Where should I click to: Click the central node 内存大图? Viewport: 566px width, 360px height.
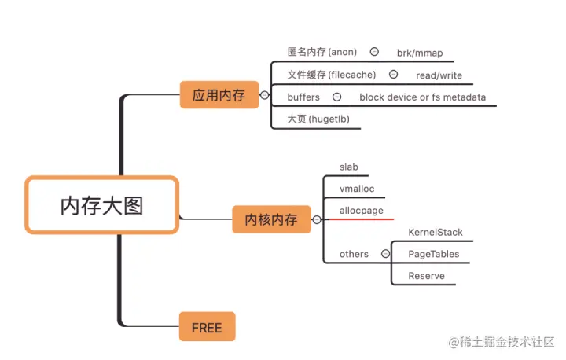102,205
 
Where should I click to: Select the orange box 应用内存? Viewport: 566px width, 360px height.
219,96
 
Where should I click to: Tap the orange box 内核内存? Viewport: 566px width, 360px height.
271,219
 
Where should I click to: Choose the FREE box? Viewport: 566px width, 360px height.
207,327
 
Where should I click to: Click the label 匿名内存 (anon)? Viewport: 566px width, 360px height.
322,53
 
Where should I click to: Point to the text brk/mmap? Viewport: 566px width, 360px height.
420,53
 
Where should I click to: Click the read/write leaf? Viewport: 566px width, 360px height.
439,76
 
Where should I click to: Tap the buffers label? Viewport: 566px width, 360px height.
303,97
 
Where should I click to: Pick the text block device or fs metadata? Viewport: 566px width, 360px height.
422,98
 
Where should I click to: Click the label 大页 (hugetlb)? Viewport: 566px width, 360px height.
318,119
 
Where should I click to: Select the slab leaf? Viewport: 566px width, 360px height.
349,167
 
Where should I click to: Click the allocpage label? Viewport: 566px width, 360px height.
361,211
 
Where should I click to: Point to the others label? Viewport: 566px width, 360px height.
354,254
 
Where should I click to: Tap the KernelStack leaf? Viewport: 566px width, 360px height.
436,233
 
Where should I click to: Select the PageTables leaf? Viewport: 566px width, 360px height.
434,254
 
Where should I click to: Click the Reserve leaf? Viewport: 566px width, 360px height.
426,276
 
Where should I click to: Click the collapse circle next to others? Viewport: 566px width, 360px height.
385,254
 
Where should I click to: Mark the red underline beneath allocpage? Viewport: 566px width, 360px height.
358,219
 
